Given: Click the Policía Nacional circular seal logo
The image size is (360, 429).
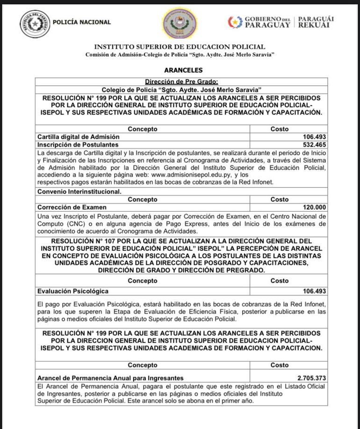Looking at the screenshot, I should [x=35, y=23].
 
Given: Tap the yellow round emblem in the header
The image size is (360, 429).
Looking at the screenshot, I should [x=180, y=23].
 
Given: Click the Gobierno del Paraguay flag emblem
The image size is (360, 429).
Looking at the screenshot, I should [x=235, y=22].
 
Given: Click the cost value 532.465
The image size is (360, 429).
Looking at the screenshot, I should [x=314, y=145].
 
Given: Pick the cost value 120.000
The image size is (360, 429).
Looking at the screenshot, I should [x=314, y=207].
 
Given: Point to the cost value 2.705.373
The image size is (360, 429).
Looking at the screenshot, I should [x=311, y=378].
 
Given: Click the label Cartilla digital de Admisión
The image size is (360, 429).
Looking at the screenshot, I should [x=78, y=137].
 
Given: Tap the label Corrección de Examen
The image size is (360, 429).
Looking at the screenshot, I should [x=72, y=207].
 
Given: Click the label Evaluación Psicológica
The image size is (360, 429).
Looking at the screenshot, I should [x=73, y=291].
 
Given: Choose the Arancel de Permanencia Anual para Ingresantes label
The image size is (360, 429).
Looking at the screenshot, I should [x=110, y=378].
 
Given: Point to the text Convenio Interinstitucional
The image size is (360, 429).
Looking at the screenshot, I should [x=79, y=191].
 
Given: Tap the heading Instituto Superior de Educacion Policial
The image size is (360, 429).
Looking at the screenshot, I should [x=180, y=47].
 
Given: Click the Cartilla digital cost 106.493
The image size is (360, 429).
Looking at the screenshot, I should [x=314, y=137].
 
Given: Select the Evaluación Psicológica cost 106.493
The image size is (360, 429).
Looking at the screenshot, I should [x=314, y=291].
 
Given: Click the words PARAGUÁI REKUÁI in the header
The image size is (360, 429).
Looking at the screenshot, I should [x=316, y=22].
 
